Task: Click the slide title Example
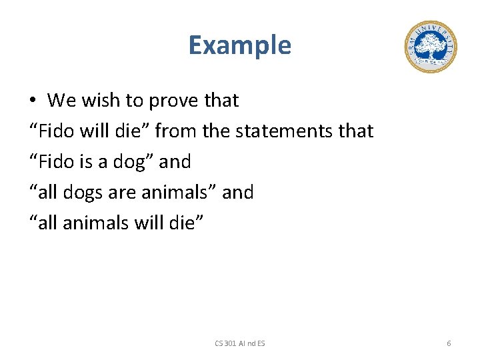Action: [x=239, y=45]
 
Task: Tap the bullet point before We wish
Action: [x=33, y=101]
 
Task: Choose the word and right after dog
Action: [x=175, y=161]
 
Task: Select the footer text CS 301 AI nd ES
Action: [x=239, y=343]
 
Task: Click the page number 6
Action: [x=449, y=343]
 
